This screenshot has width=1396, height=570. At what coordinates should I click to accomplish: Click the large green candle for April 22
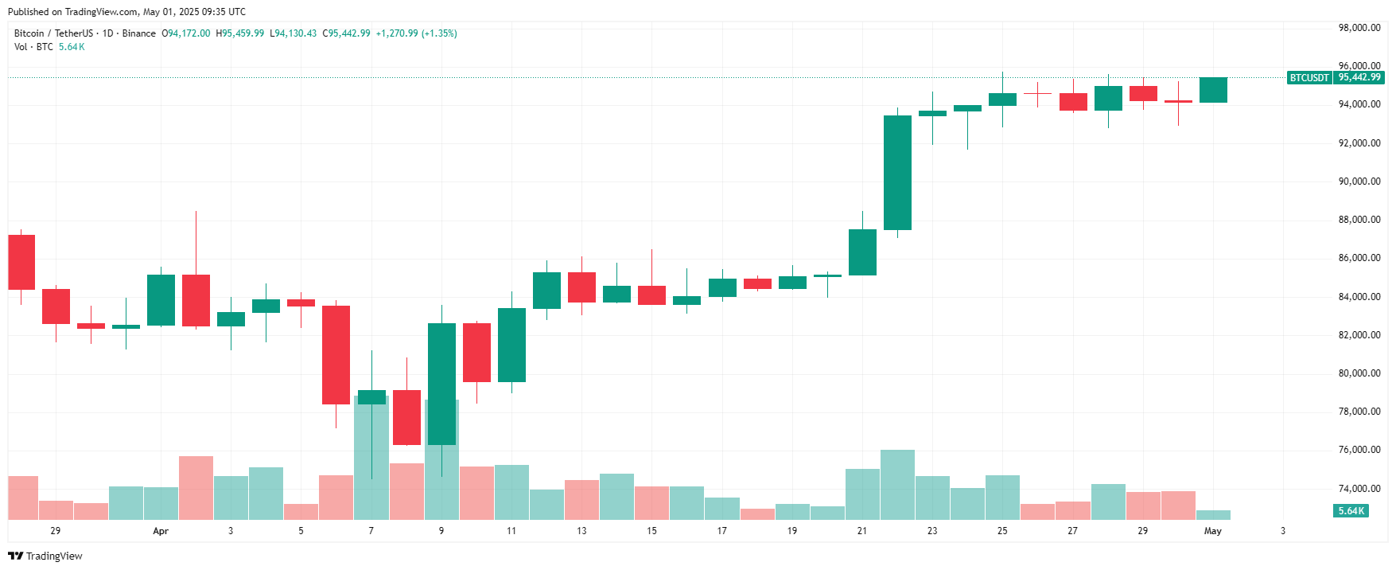point(897,173)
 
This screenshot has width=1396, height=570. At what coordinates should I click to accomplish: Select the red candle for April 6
point(336,355)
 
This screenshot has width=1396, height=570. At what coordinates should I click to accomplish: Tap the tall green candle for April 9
point(441,384)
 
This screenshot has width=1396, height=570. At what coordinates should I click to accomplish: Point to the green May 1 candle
point(1213,90)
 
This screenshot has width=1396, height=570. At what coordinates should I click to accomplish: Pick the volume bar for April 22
point(897,485)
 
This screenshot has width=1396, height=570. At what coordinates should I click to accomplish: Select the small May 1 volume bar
point(1213,515)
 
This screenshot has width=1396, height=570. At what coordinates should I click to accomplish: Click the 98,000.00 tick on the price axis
point(1359,28)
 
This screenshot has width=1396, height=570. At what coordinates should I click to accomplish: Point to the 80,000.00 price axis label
point(1359,373)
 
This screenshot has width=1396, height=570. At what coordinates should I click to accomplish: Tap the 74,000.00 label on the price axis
point(1359,489)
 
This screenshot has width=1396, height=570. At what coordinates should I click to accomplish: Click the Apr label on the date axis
point(161,531)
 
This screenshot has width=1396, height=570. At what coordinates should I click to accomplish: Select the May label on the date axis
point(1213,531)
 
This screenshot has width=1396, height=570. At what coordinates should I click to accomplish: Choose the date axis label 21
point(862,531)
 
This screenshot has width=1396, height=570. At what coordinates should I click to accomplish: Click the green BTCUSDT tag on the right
point(1309,78)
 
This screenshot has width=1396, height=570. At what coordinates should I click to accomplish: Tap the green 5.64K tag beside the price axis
point(1351,511)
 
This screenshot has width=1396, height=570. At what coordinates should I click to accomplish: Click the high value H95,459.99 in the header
point(240,33)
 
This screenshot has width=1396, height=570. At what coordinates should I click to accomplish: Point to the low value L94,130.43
point(294,33)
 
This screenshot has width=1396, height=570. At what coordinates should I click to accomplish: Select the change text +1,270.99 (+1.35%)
point(416,33)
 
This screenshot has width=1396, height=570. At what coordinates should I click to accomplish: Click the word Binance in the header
point(139,33)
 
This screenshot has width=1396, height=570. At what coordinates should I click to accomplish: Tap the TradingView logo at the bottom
point(45,556)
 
